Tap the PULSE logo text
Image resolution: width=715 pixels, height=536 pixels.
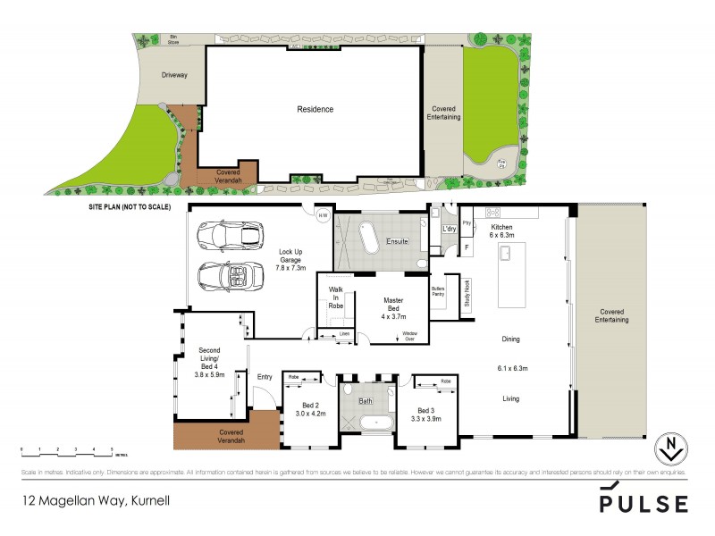[x=643, y=502]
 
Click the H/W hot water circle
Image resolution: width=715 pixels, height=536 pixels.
[x=324, y=215]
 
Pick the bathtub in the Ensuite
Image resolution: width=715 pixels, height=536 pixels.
[x=368, y=240]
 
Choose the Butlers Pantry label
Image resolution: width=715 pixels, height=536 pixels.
[x=438, y=294]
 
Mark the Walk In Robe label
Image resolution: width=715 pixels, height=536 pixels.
[x=336, y=298]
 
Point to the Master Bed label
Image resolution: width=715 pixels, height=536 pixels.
[x=394, y=308]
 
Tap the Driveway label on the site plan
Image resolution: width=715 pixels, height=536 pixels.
[x=174, y=75]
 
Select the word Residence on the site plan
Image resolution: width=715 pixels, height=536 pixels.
[x=315, y=109]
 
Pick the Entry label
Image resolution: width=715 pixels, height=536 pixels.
[x=265, y=377]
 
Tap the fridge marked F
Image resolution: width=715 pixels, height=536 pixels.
[x=467, y=247]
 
